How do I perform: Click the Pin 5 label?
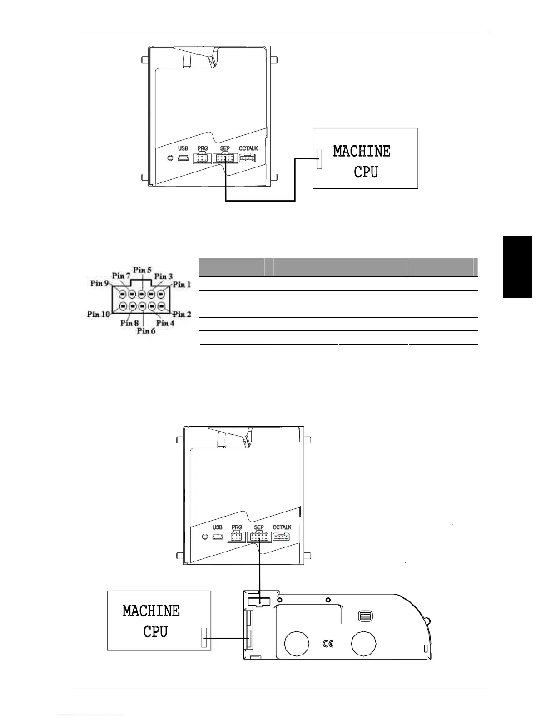click(x=142, y=270)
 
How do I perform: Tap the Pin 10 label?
click(x=99, y=314)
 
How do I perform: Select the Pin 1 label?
click(x=182, y=285)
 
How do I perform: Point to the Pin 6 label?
click(x=146, y=331)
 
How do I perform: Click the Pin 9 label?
click(x=99, y=283)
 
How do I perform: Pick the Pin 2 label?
click(x=182, y=314)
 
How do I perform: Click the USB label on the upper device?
click(x=183, y=148)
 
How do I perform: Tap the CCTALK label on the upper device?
click(x=248, y=148)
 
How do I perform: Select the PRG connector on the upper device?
click(x=202, y=158)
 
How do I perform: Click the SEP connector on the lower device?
click(x=259, y=538)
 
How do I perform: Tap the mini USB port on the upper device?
click(x=184, y=158)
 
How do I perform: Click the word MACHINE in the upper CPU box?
click(x=362, y=151)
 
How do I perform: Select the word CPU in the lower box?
click(x=155, y=631)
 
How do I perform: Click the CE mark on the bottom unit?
click(x=328, y=643)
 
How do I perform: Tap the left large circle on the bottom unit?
click(x=296, y=643)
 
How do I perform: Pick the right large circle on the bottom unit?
click(x=364, y=643)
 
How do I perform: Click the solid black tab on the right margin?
click(x=517, y=266)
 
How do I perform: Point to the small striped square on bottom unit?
click(x=365, y=616)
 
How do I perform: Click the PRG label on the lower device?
click(x=237, y=527)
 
